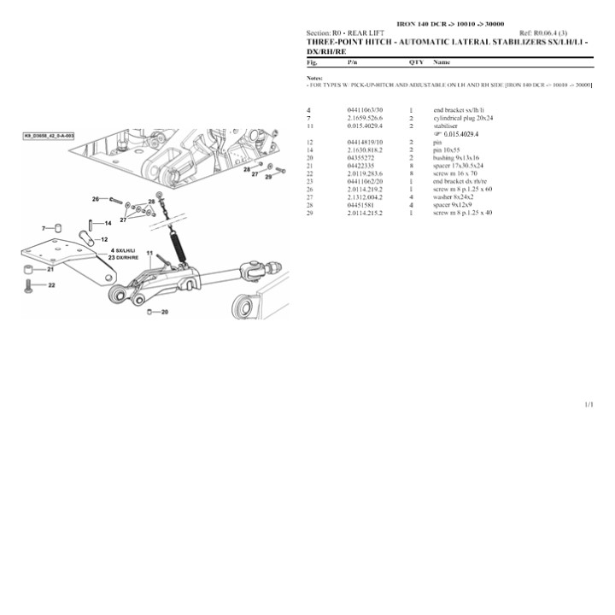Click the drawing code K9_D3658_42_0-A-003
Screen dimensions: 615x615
click(50, 136)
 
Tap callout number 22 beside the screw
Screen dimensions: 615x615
click(50, 285)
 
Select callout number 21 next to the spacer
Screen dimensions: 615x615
click(50, 269)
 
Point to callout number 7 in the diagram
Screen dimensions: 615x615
click(44, 229)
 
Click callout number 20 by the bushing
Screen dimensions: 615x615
click(164, 313)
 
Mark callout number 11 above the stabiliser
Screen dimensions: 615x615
click(149, 254)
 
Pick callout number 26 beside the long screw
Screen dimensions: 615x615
click(96, 199)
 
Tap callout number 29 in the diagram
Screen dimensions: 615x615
click(267, 177)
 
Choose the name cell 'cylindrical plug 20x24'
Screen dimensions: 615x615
click(463, 118)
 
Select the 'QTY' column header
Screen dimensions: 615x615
click(416, 62)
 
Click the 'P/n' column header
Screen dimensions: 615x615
click(353, 62)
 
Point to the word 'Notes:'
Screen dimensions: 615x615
click(314, 78)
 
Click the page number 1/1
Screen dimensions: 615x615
click(589, 403)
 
